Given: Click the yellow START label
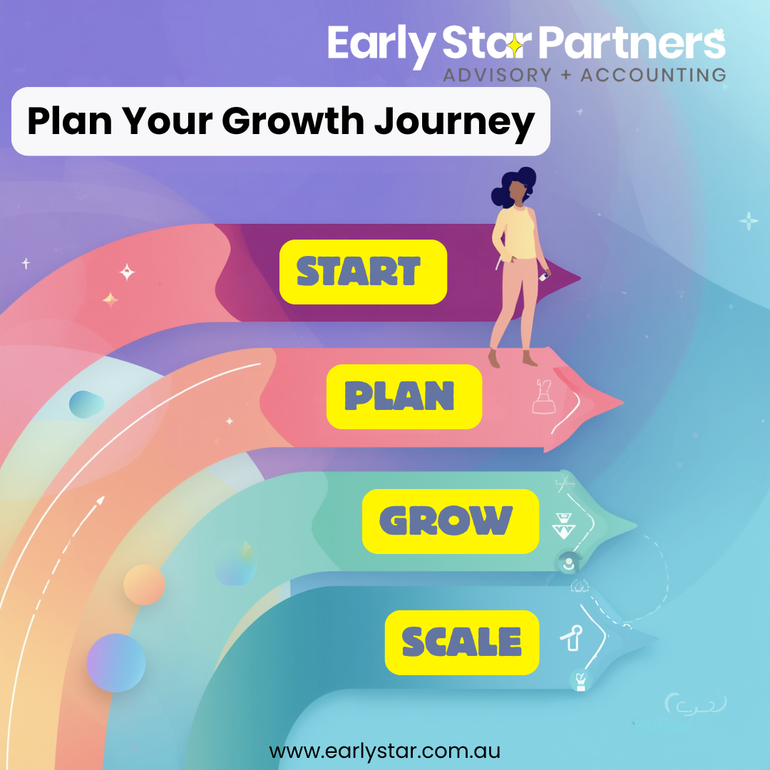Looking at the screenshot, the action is click(x=363, y=272).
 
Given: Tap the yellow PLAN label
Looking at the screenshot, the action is click(x=404, y=396).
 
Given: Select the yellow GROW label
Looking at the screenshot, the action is click(x=451, y=521).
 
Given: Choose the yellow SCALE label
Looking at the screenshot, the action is click(x=461, y=642).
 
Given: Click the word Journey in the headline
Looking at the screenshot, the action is click(x=454, y=122).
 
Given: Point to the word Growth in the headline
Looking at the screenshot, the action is click(x=293, y=120).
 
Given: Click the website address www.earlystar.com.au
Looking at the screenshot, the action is click(x=384, y=751).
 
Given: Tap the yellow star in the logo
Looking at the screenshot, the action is click(x=515, y=46).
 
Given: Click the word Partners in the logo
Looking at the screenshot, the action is click(x=632, y=43).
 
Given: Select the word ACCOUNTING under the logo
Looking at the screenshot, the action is click(x=653, y=75).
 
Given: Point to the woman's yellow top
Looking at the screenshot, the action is click(x=515, y=232).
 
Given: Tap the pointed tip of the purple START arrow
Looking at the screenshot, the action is click(x=580, y=279).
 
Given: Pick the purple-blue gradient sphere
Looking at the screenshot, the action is click(x=116, y=662).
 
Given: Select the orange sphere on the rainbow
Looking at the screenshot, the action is click(x=144, y=585).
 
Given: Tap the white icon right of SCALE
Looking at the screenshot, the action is click(x=572, y=638).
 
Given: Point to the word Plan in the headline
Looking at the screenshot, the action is click(x=70, y=120).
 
